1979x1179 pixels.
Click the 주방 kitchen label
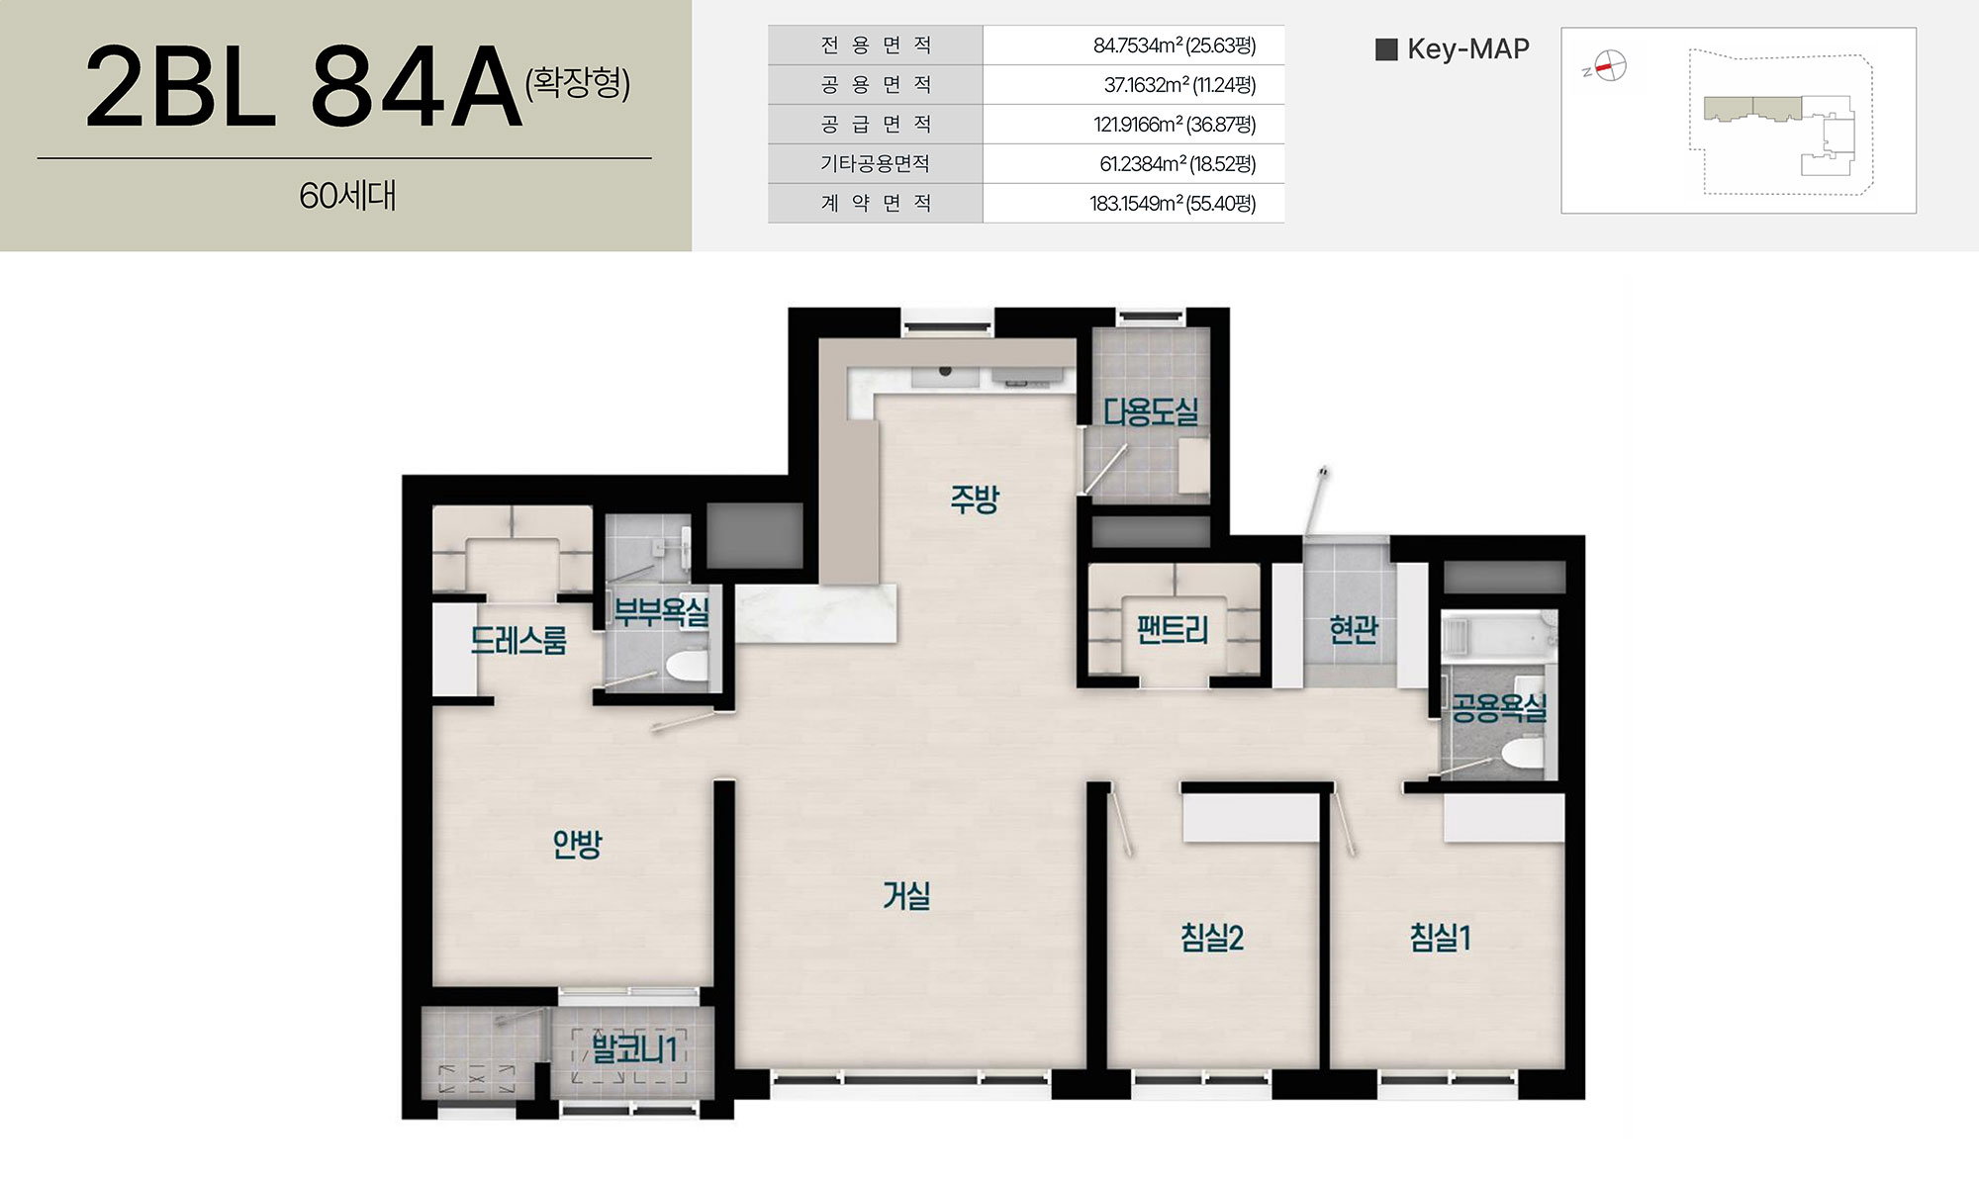pos(975,499)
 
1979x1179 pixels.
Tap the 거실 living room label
pos(906,895)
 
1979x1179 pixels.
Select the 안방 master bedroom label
pos(577,844)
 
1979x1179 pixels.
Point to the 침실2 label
pos(1211,937)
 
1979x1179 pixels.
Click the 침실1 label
pos(1440,937)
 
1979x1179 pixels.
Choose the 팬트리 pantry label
pos(1173,629)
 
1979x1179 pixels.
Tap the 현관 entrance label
pos(1354,629)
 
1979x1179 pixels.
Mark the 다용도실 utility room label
pos(1151,411)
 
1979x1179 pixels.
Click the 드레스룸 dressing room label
pos(518,641)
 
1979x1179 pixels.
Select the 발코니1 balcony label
pos(634,1048)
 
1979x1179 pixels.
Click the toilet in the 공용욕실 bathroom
pos(1521,756)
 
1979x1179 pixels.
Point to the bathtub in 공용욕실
pos(1498,636)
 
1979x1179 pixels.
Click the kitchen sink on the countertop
pos(945,375)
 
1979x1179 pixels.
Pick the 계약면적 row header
pos(876,204)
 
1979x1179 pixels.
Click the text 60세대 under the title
pos(347,196)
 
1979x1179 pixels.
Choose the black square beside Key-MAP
pos(1386,49)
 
